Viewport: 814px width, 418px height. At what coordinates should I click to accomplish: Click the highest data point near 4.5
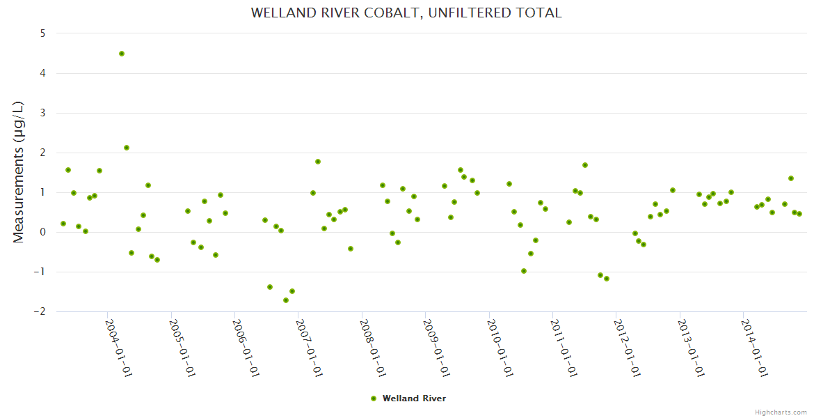(x=122, y=54)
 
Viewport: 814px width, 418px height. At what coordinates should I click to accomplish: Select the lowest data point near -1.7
(x=286, y=300)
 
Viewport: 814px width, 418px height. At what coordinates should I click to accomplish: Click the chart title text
(x=406, y=13)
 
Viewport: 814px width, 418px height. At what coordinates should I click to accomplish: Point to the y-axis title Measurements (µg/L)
(x=19, y=172)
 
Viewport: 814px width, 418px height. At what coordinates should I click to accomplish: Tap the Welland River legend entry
(x=414, y=398)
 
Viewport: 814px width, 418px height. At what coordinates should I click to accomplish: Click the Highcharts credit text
(x=781, y=412)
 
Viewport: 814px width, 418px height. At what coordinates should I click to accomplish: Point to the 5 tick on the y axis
(x=42, y=33)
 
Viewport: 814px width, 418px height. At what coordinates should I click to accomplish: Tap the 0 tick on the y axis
(x=42, y=232)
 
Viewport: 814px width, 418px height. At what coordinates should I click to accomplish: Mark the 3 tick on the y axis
(x=42, y=113)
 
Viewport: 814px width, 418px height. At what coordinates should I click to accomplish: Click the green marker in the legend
(x=374, y=398)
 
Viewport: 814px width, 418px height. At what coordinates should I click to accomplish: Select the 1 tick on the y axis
(x=42, y=192)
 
